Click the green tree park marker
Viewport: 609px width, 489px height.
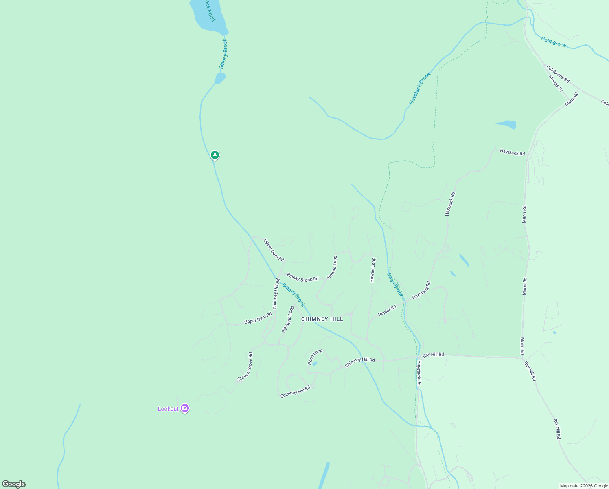pos(215,155)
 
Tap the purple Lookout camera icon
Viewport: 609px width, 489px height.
pos(185,408)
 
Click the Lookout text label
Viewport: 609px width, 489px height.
pos(168,409)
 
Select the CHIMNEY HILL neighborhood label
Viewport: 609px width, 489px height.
pos(322,319)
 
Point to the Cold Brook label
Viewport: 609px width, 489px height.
pos(553,42)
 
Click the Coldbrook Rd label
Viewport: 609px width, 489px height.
pos(558,74)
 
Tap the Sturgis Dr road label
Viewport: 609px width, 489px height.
pos(555,83)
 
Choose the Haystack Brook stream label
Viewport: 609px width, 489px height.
pos(420,89)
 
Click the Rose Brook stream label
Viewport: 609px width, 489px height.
pos(395,285)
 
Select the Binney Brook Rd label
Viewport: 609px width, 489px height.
pos(302,278)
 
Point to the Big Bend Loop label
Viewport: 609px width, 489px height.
pos(288,319)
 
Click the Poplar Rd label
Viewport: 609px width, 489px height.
pos(387,311)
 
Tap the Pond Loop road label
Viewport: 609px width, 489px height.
pos(315,357)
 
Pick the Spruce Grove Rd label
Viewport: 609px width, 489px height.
pos(245,367)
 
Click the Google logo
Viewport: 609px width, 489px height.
pos(14,484)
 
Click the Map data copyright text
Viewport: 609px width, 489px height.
pos(584,486)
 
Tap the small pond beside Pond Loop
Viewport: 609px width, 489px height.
pos(314,363)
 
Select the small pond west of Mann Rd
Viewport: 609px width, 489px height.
pos(506,124)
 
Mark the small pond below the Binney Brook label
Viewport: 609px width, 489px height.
pos(220,78)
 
